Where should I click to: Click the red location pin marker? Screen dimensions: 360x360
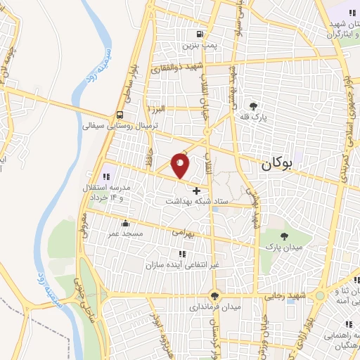point(181,166)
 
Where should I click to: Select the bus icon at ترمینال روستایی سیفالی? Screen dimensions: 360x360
point(121,115)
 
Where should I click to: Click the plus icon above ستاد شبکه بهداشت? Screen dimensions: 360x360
point(196,190)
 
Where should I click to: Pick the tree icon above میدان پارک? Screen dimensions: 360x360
point(283,236)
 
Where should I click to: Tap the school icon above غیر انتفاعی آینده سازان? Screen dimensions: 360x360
point(181,253)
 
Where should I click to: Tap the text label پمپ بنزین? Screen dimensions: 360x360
point(198,45)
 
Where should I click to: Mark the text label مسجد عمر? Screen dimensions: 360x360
point(124,232)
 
